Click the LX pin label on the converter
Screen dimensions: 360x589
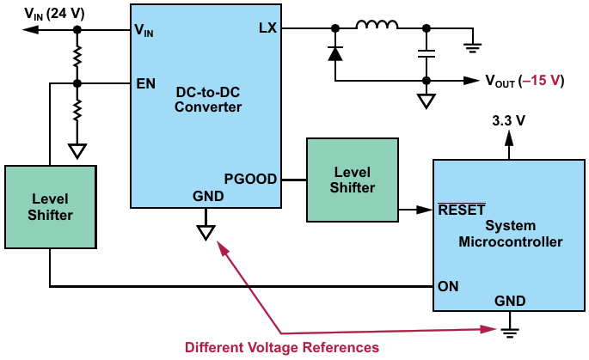point(267,28)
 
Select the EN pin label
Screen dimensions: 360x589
point(145,84)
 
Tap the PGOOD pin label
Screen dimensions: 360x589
point(250,180)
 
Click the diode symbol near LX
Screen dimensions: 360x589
point(335,52)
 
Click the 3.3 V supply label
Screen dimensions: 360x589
point(508,121)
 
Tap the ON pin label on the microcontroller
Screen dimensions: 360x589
point(448,285)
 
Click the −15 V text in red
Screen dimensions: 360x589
point(543,81)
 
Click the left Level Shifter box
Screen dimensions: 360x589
point(52,207)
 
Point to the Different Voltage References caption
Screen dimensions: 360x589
point(282,347)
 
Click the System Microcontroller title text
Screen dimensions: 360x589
point(511,234)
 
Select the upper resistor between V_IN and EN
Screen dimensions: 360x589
point(77,57)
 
